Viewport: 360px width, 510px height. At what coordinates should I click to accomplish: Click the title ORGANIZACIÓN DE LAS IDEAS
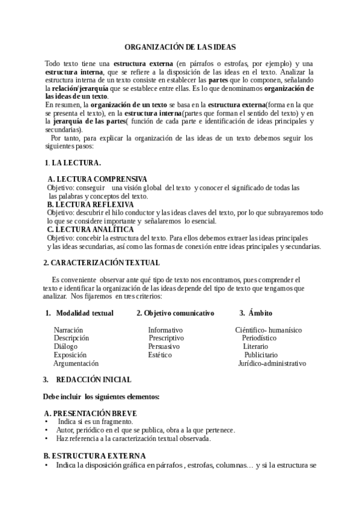(180, 47)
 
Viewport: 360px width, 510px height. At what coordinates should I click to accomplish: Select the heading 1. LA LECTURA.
(73, 163)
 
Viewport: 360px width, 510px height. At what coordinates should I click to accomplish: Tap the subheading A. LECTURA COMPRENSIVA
(97, 179)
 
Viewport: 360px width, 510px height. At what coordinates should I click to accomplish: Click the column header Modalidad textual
(85, 313)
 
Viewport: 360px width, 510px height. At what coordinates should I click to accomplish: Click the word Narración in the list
(69, 330)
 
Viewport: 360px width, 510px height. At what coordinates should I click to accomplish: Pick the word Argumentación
(76, 363)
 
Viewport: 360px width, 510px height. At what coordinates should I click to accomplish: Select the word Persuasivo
(164, 347)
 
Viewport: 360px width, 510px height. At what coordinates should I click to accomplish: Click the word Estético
(160, 355)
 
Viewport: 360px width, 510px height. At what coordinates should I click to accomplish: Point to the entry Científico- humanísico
(268, 330)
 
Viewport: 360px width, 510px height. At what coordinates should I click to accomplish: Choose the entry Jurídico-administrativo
(272, 363)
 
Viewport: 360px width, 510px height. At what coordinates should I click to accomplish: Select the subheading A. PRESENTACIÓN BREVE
(91, 413)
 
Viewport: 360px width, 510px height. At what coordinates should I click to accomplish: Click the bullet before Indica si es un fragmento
(46, 422)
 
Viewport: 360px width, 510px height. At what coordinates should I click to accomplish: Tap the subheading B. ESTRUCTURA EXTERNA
(95, 456)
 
